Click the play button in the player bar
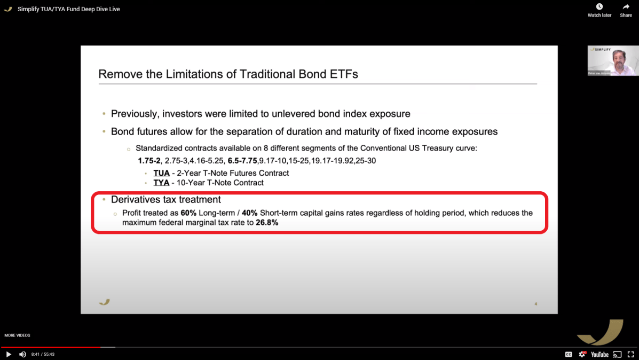pyautogui.click(x=8, y=354)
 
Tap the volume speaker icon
pyautogui.click(x=22, y=354)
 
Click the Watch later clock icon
pyautogui.click(x=599, y=7)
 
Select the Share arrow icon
pyautogui.click(x=626, y=7)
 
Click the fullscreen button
pyautogui.click(x=630, y=354)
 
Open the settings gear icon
pyautogui.click(x=582, y=354)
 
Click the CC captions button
pyautogui.click(x=569, y=354)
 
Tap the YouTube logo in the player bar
pyautogui.click(x=599, y=354)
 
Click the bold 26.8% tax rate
pyautogui.click(x=267, y=223)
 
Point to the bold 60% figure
pyautogui.click(x=188, y=213)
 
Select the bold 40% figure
pyautogui.click(x=249, y=213)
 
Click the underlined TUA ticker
pyautogui.click(x=161, y=173)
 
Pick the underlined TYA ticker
pyautogui.click(x=161, y=183)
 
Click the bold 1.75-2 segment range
pyautogui.click(x=149, y=160)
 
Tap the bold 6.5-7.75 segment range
pyautogui.click(x=242, y=160)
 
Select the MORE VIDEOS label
pyautogui.click(x=17, y=335)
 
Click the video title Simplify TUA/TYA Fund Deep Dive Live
pyautogui.click(x=68, y=9)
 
